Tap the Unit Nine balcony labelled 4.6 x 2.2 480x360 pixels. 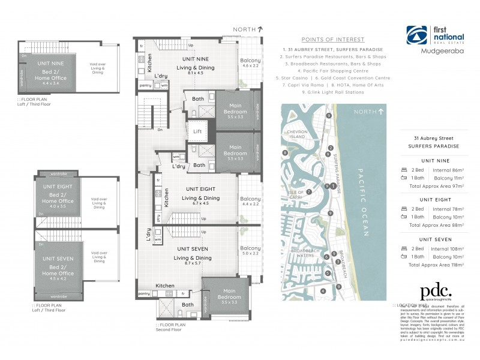[x=250, y=64]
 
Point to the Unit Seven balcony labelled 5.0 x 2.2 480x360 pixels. [x=250, y=252]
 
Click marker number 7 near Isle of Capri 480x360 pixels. [x=308, y=192]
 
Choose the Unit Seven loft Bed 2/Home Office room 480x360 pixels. [x=58, y=270]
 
